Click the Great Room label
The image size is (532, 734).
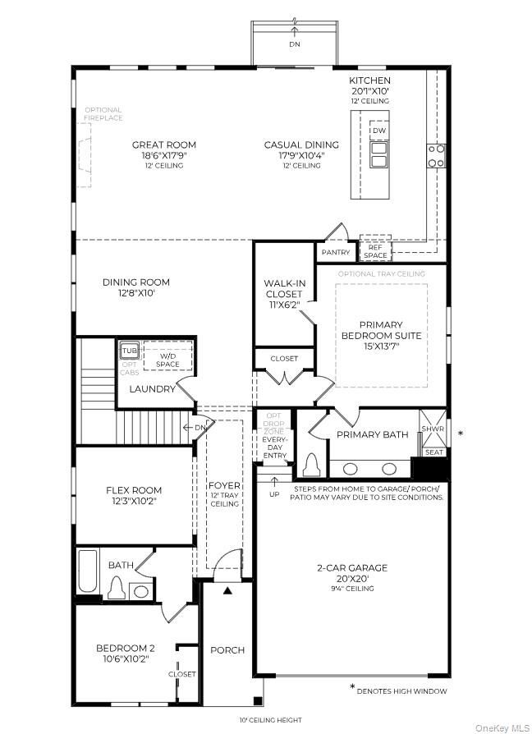coord(164,145)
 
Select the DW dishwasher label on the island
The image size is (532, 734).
coord(378,131)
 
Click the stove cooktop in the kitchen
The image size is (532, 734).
coord(436,155)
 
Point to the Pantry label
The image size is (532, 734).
coord(336,253)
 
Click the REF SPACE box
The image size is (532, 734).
coord(376,250)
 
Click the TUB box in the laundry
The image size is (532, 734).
coord(130,351)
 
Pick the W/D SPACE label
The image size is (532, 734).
coord(167,360)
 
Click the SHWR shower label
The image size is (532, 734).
coord(433,429)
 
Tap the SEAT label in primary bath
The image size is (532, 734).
coord(433,452)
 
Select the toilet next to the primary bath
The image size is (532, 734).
coord(311,466)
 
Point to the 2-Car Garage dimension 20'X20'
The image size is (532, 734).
coord(352,577)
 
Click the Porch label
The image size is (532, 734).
coord(227,649)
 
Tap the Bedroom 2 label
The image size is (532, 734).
coord(126,648)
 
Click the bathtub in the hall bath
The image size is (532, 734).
coord(87,572)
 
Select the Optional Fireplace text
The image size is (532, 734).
coord(103,114)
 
